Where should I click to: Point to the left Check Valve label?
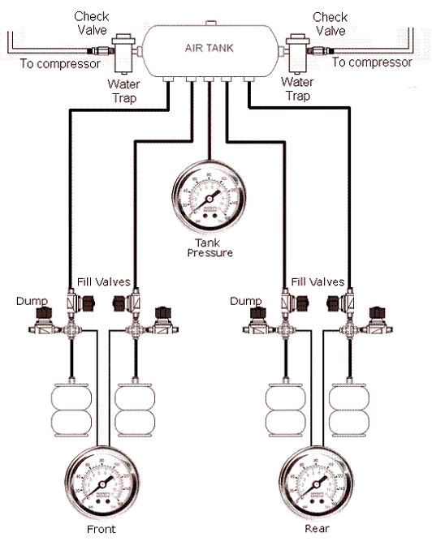pos(92,23)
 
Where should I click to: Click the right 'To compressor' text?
pos(373,62)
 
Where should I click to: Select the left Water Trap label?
pos(125,90)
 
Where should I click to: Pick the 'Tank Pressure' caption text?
pos(209,247)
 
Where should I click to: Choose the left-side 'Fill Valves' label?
pos(101,282)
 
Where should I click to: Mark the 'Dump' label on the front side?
pos(29,301)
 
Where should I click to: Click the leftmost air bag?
pos(71,408)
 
